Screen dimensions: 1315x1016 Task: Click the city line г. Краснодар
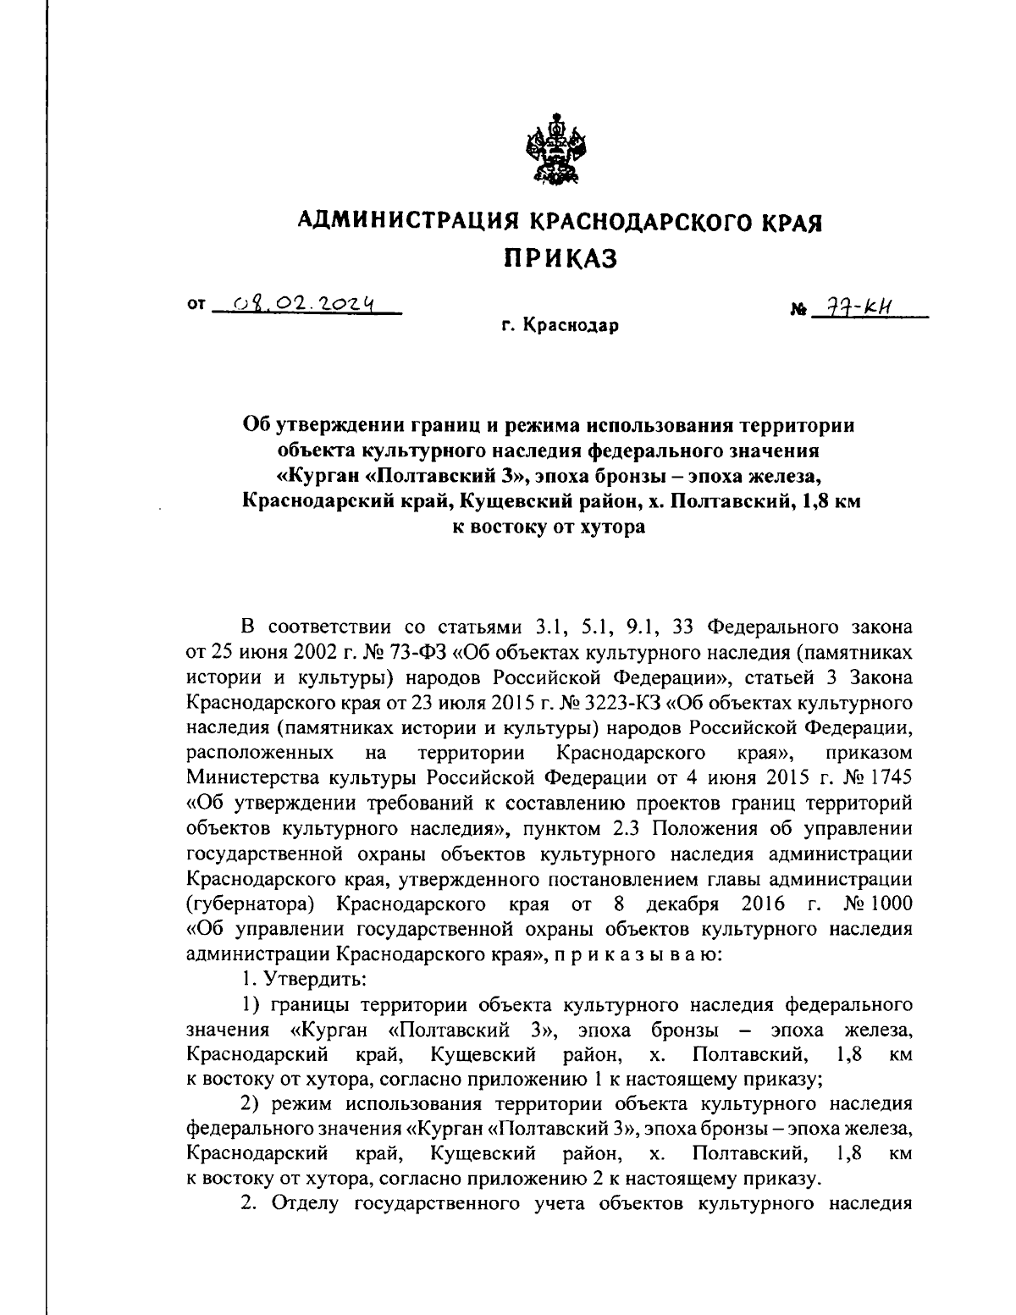559,326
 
